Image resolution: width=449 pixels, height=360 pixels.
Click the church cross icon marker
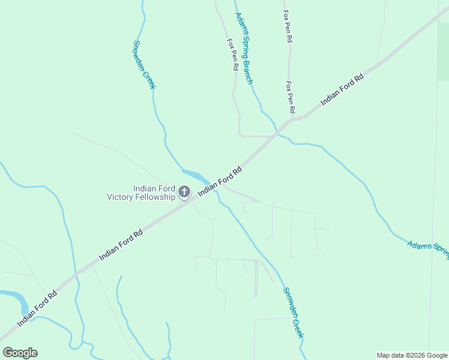coord(184,192)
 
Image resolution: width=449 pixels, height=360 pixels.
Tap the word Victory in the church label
coord(122,197)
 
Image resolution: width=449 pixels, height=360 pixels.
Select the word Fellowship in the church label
coord(157,197)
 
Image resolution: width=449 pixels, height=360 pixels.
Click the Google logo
coord(20,353)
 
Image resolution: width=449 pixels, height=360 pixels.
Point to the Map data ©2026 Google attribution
coord(412,355)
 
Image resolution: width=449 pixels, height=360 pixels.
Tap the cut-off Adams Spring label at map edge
coord(428,250)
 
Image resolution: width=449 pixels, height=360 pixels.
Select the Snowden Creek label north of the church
coord(144,65)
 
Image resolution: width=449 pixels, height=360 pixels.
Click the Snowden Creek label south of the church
coord(294,312)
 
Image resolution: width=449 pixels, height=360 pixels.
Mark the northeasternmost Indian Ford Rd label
coord(342,90)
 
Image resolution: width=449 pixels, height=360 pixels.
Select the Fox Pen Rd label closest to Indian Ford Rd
coord(291,97)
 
